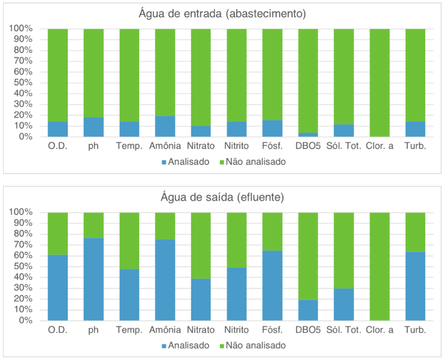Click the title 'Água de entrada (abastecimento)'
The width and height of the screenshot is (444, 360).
coord(222,14)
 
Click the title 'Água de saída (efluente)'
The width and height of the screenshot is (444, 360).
coord(222,197)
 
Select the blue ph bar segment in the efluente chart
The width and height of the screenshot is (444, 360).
coord(94,279)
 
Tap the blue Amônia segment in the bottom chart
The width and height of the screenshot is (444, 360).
coord(165,280)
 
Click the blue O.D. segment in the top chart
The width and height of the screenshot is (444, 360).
coord(58,130)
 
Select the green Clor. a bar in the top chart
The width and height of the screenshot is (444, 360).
coord(379,83)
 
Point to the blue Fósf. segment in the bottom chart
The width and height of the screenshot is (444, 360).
coord(272,286)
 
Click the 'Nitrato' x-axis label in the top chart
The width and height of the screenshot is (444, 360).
coord(201,146)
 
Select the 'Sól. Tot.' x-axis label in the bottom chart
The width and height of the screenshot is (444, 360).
coord(344,330)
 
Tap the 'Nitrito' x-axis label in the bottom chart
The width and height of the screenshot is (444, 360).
coord(237,330)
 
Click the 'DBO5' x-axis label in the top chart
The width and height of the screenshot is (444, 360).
coord(308,146)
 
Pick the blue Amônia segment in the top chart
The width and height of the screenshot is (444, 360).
coord(165,127)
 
